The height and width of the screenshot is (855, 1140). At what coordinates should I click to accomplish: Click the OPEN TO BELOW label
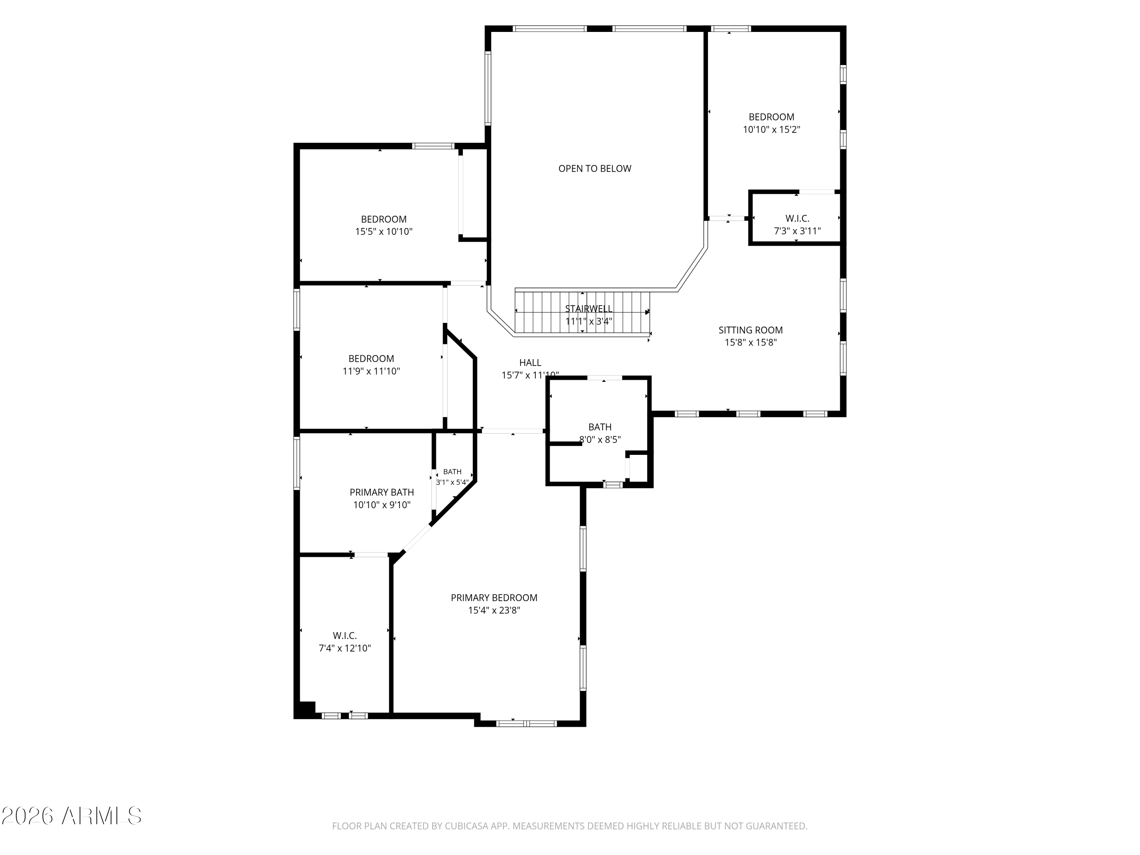pos(595,168)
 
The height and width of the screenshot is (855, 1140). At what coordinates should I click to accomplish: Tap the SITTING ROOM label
pos(750,330)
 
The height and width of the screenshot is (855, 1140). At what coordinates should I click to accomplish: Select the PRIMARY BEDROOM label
pos(494,598)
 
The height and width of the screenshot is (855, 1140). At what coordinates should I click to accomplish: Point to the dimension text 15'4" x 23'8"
pos(494,611)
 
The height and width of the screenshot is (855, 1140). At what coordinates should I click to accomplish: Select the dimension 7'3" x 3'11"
pos(797,231)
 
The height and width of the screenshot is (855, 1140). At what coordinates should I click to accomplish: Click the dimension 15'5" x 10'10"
pos(383,232)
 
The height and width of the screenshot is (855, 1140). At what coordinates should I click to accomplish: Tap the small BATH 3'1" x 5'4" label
pos(452,477)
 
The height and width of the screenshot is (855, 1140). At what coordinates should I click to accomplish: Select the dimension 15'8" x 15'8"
pos(750,343)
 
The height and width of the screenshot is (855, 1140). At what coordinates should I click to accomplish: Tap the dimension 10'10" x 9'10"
pos(382,505)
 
